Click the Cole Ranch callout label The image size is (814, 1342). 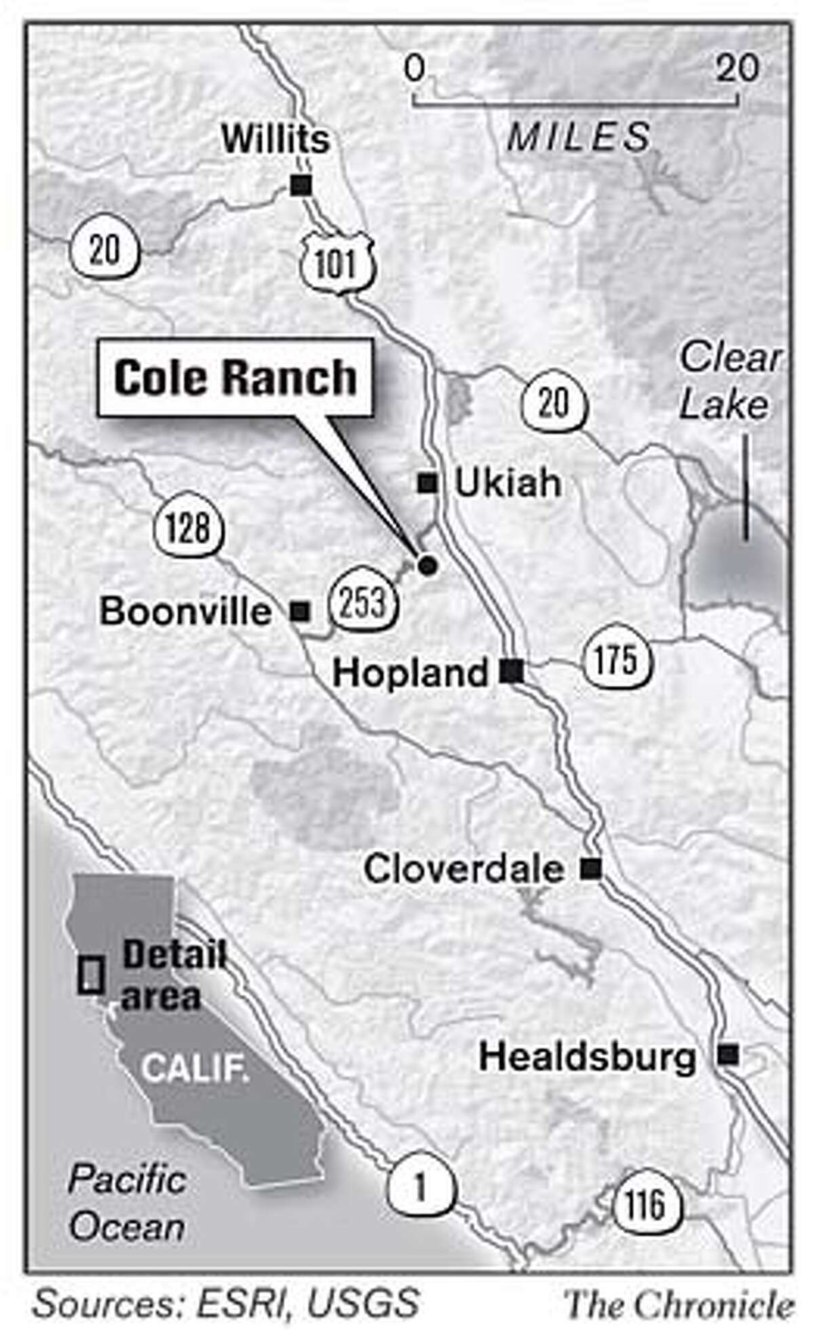235,377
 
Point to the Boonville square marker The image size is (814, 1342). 300,612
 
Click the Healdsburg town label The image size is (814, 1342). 587,1057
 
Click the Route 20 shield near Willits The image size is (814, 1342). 104,250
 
